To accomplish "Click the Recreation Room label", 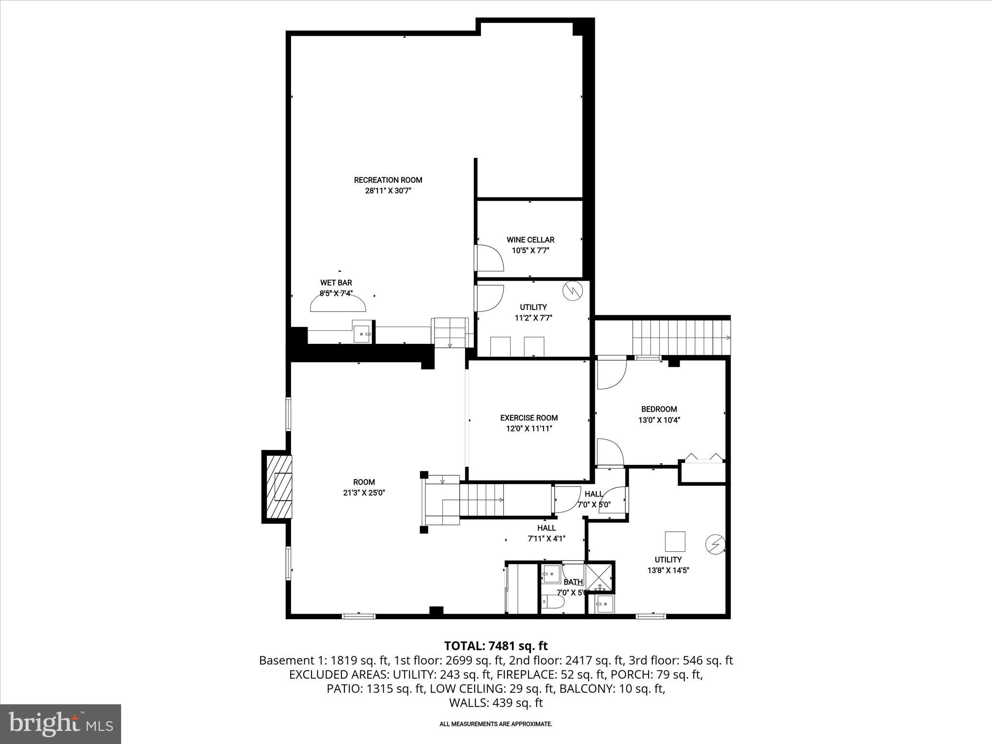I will tap(388, 180).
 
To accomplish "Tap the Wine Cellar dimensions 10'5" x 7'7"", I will tap(530, 250).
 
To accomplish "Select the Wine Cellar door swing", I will tap(489, 258).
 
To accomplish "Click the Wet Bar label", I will tap(336, 283).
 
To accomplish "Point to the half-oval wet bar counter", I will tap(338, 305).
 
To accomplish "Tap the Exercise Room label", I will tap(529, 418).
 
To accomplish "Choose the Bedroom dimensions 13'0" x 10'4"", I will tap(659, 420).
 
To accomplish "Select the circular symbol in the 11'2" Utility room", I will tap(573, 291).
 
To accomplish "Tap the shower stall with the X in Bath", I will tap(599, 576).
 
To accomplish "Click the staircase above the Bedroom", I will tap(681, 338).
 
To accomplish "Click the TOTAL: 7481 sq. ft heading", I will tap(496, 646).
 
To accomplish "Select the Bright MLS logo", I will tap(61, 724).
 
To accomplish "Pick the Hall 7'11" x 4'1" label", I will tap(546, 533).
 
